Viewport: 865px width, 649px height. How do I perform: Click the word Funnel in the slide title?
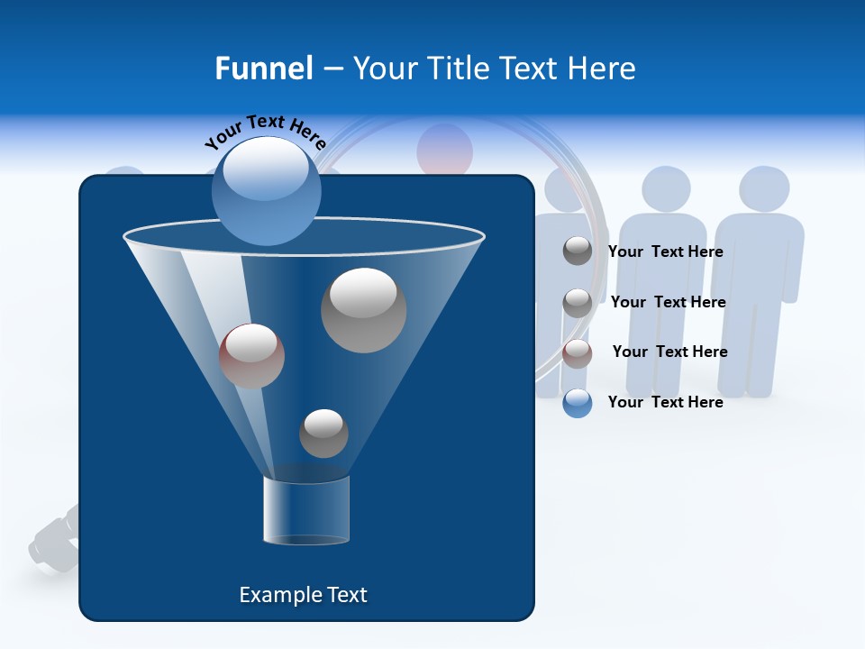click(x=264, y=69)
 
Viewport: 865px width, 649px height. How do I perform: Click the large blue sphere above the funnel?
click(x=266, y=190)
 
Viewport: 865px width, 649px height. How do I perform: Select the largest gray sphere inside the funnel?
click(x=363, y=309)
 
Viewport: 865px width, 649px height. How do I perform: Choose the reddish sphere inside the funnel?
click(x=251, y=355)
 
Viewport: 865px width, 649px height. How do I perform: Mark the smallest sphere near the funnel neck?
click(x=323, y=433)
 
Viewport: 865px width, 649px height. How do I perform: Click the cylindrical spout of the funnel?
click(x=306, y=510)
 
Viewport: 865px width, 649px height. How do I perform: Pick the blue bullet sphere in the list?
click(x=578, y=403)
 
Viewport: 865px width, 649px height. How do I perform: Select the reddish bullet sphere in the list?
click(x=578, y=353)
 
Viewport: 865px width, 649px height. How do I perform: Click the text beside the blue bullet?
click(x=666, y=402)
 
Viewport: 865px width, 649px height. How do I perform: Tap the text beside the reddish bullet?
click(x=669, y=352)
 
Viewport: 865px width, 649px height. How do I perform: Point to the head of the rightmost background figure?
click(x=764, y=189)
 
